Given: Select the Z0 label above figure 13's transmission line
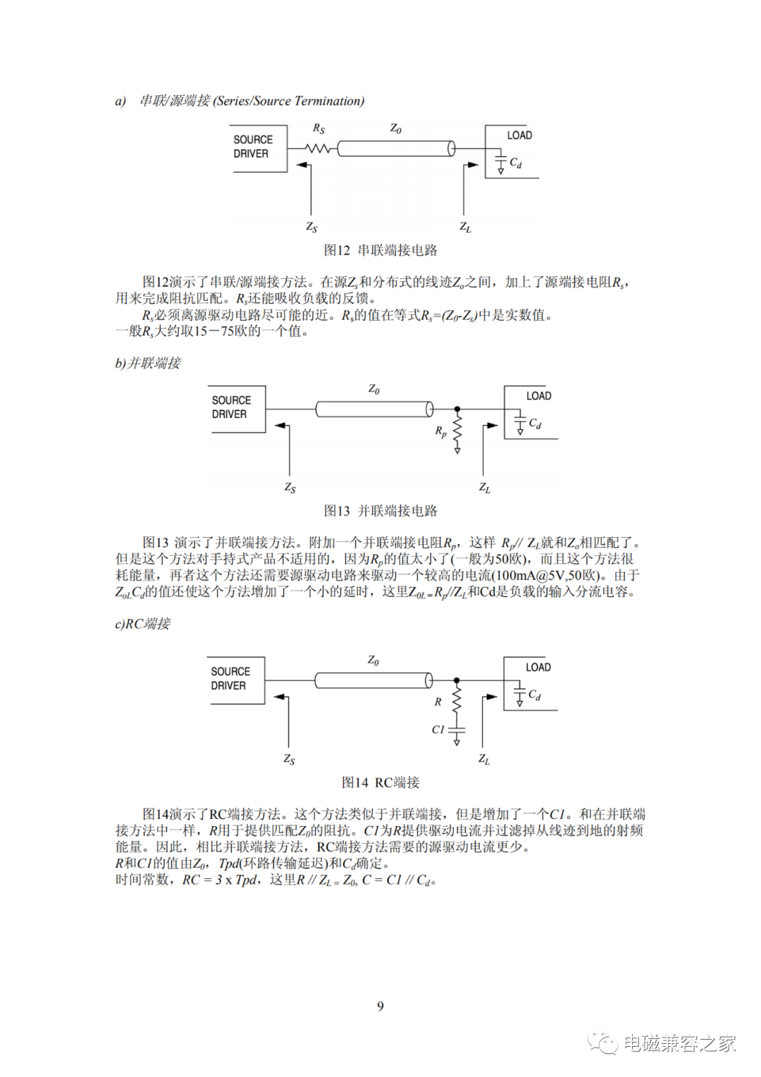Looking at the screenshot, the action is (x=374, y=390).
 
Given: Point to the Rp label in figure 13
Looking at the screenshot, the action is (x=441, y=432).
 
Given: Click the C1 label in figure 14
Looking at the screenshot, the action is (x=438, y=730).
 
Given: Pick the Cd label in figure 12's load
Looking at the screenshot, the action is (x=515, y=163).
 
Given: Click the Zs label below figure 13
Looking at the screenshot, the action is (x=290, y=488).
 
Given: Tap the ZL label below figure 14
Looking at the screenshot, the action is (x=484, y=759).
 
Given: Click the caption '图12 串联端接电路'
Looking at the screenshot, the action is (x=380, y=250).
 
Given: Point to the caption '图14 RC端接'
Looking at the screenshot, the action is (x=380, y=782).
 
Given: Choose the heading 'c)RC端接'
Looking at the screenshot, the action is (x=143, y=624).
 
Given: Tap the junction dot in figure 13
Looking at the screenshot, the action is (x=457, y=410).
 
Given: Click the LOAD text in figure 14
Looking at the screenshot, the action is (x=538, y=667).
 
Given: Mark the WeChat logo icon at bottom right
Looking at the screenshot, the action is (x=603, y=1043).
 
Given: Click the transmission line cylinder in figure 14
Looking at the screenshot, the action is (x=373, y=680).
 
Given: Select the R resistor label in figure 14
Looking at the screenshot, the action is (x=438, y=702).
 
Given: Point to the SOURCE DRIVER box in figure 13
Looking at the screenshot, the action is (x=237, y=410).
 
